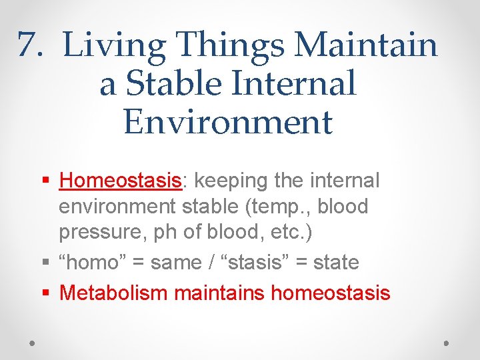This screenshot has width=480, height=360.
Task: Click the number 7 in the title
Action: tap(27, 46)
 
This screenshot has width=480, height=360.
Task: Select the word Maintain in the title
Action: tap(366, 46)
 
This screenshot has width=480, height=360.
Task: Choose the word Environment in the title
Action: tap(227, 122)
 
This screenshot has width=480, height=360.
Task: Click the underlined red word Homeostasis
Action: tap(120, 181)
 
